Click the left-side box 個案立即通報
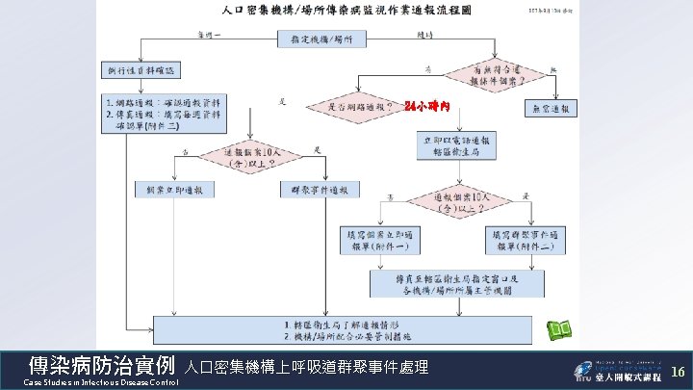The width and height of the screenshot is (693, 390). [x=170, y=189]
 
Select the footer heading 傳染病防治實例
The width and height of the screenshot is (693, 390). [x=101, y=366]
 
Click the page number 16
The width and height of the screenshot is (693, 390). [x=677, y=371]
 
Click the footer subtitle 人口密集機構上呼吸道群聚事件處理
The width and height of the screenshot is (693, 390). [x=305, y=368]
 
